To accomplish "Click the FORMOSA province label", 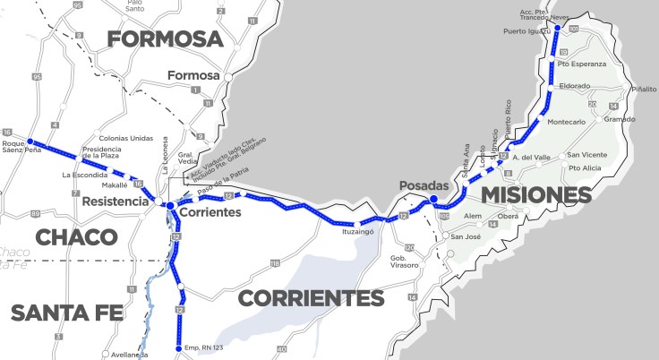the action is pos(165,39).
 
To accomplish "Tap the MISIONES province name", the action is pos(535,195).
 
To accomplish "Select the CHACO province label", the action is pos(77,237).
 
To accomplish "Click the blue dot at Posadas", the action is pos(433,200).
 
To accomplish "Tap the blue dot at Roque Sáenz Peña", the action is pos(30,141).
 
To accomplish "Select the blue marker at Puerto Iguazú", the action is pos(557,28).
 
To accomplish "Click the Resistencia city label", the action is pos(116,202).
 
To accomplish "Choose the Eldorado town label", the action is pos(573,86).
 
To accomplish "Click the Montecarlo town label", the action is pos(566,122).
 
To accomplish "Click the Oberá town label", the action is pos(509,217).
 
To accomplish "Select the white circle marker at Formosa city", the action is pos(228,78).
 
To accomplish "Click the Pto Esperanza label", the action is pos(581,64).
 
